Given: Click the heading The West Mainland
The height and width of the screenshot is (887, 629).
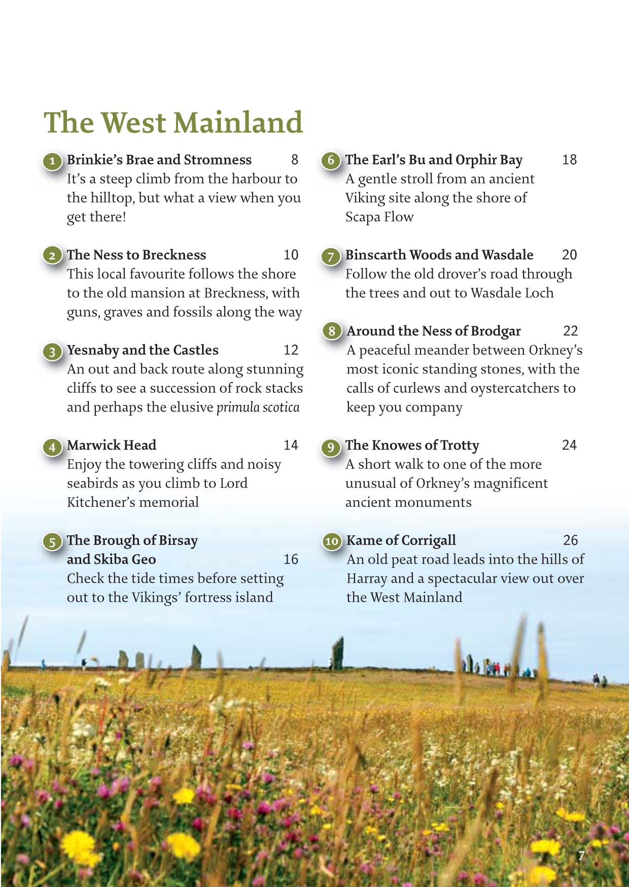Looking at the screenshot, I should (x=173, y=123).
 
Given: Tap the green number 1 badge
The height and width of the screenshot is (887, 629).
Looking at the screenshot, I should (x=52, y=162).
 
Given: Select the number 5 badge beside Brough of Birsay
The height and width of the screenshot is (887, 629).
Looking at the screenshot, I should (x=52, y=542).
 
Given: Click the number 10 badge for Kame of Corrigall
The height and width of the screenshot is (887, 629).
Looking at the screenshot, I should (x=332, y=541).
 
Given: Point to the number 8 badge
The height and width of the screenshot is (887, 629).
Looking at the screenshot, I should (x=332, y=331).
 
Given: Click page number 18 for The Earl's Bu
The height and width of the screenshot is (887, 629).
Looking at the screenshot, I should (x=569, y=160).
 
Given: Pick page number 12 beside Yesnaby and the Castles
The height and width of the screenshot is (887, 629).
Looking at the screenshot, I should (x=291, y=350).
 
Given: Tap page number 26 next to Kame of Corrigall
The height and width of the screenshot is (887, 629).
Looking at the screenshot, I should (x=570, y=540).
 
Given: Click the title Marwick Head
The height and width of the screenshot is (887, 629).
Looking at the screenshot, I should (x=112, y=445).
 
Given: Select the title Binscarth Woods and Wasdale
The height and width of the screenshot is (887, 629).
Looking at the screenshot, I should (x=439, y=255).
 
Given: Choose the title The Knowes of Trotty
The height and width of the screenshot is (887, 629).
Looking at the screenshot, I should (x=412, y=445).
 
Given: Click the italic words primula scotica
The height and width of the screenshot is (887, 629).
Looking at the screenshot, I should (x=258, y=407).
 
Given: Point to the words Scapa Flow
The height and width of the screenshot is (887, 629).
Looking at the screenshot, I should (x=379, y=217).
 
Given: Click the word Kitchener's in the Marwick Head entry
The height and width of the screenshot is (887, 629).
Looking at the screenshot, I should (x=101, y=502).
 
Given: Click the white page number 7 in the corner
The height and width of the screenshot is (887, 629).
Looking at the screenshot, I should (x=581, y=856).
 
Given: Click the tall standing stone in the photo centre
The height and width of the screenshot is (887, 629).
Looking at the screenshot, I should (x=338, y=654).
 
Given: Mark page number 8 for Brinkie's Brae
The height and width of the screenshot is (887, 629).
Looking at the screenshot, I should (x=294, y=160).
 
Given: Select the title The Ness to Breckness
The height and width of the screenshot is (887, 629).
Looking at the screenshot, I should (x=136, y=255).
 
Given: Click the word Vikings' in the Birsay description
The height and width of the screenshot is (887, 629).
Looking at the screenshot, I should (x=156, y=598).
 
